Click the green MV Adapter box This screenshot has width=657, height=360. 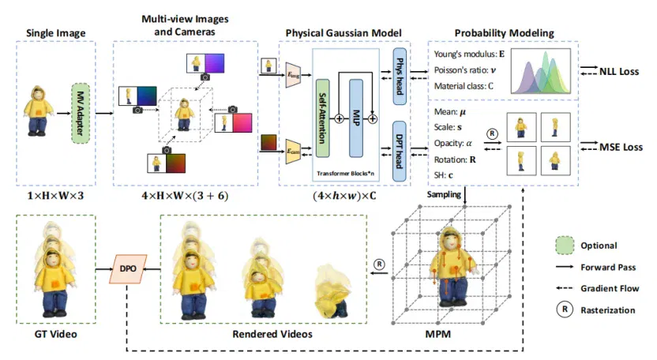pyautogui.click(x=80, y=113)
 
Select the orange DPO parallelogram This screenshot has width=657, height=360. pyautogui.click(x=128, y=268)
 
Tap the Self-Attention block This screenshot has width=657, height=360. pyautogui.click(x=323, y=118)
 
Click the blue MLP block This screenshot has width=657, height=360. pyautogui.click(x=355, y=118)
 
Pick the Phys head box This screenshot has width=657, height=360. pyautogui.click(x=400, y=77)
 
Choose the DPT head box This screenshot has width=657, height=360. pyautogui.click(x=400, y=152)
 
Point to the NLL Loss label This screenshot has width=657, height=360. pyautogui.click(x=619, y=72)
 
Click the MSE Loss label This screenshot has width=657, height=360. pyautogui.click(x=621, y=147)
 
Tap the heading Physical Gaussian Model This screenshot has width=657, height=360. pyautogui.click(x=344, y=32)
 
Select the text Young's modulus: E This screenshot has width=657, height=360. pyautogui.click(x=469, y=54)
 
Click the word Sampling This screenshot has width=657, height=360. pyautogui.click(x=444, y=194)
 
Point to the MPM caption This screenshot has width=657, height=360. pyautogui.click(x=437, y=334)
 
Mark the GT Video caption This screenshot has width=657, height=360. pyautogui.click(x=56, y=334)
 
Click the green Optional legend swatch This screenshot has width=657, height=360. pyautogui.click(x=565, y=246)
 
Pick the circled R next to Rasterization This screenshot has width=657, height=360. pyautogui.click(x=565, y=309)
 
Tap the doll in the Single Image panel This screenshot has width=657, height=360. pyautogui.click(x=39, y=111)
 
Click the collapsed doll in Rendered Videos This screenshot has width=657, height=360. pyautogui.click(x=332, y=291)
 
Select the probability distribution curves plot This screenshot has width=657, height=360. pyautogui.click(x=540, y=71)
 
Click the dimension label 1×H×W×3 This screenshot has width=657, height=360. pyautogui.click(x=56, y=195)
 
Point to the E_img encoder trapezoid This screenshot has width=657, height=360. pyautogui.click(x=293, y=76)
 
